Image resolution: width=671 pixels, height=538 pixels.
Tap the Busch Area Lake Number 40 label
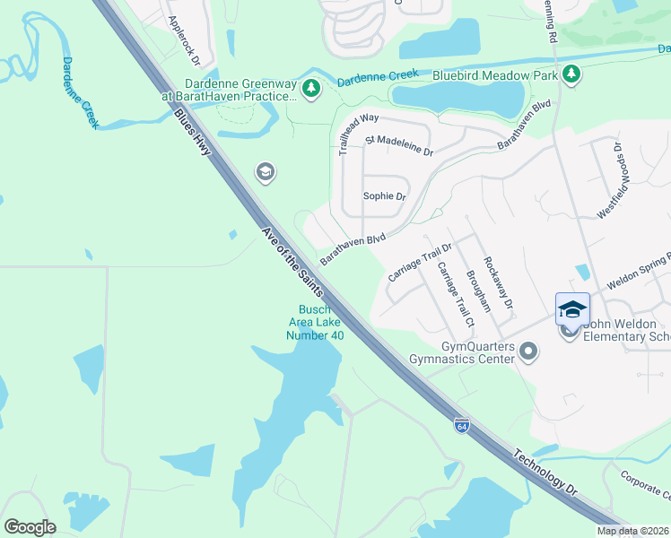click(316, 323)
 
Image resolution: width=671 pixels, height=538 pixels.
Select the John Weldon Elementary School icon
click(572, 309)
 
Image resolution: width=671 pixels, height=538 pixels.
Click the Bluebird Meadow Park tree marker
click(571, 75)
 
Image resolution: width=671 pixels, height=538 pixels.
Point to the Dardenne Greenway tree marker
click(310, 88)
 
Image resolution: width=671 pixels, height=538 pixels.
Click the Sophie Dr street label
click(384, 196)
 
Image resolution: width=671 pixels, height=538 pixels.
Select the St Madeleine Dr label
click(399, 145)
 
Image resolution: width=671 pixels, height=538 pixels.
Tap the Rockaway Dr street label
click(498, 282)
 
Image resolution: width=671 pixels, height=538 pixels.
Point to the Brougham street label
click(478, 291)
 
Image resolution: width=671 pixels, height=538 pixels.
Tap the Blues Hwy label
click(192, 132)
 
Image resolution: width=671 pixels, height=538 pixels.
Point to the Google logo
click(30, 526)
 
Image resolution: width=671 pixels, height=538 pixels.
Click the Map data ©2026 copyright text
click(632, 531)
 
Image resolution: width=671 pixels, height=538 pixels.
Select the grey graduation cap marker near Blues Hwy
click(265, 171)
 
